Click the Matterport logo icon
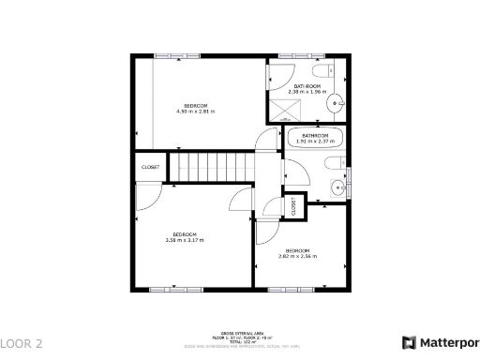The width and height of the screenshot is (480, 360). pos(410,343)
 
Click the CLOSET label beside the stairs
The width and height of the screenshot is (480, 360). pos(150,167)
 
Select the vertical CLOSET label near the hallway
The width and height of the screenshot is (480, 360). pos(293,205)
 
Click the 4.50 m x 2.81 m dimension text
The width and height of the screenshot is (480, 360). pos(195,112)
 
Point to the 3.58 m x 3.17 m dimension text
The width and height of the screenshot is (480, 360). pos(184,240)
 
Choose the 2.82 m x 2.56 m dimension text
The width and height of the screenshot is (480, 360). pos(297,256)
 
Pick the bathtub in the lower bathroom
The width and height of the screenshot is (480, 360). pos(315,139)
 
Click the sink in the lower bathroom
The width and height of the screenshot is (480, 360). pos(339,187)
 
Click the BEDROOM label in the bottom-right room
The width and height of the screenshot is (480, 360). pos(297,250)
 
